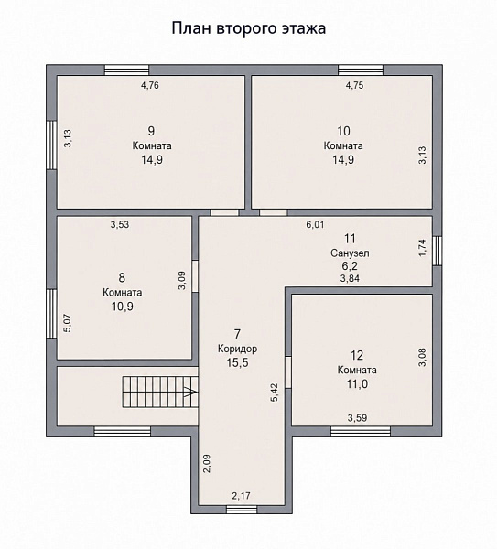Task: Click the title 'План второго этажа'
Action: click(x=249, y=28)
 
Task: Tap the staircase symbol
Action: click(x=160, y=392)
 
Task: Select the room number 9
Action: click(x=151, y=131)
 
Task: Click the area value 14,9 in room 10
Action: click(x=343, y=159)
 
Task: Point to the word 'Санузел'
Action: click(x=350, y=253)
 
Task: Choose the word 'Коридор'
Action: click(x=237, y=349)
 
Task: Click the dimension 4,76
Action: click(x=150, y=85)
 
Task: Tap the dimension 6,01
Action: click(x=315, y=224)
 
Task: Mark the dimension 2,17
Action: click(x=242, y=495)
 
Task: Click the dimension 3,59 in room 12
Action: click(x=357, y=418)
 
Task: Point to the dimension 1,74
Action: click(x=423, y=248)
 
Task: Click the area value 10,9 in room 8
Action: click(x=123, y=307)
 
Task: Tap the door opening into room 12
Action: click(x=288, y=372)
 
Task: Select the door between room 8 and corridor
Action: click(x=195, y=276)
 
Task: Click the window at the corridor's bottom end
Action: click(x=242, y=510)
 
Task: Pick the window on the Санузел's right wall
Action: click(x=438, y=251)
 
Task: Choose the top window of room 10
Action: click(x=361, y=70)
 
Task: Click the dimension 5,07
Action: click(x=68, y=323)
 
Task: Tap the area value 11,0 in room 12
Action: click(x=357, y=384)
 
